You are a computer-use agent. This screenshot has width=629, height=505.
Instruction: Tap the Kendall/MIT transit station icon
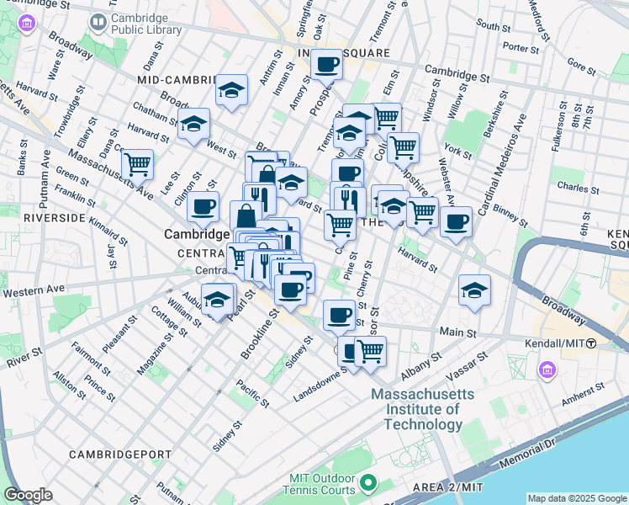(x=592, y=343)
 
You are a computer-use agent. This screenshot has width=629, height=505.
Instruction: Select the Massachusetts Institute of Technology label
(x=416, y=409)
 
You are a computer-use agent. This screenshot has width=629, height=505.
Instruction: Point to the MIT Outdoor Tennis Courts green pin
(x=367, y=483)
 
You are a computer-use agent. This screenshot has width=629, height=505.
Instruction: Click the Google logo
(x=28, y=495)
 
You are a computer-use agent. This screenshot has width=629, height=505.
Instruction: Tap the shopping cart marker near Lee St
(x=137, y=162)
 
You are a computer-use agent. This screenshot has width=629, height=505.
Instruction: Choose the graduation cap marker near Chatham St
(x=194, y=125)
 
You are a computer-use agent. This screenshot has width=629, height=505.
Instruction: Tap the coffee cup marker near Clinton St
(x=203, y=206)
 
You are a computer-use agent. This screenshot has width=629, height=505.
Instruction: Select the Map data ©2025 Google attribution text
(x=576, y=498)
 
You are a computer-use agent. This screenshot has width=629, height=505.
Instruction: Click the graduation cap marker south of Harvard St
(x=474, y=290)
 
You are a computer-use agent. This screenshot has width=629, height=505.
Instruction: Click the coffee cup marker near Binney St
(x=456, y=221)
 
